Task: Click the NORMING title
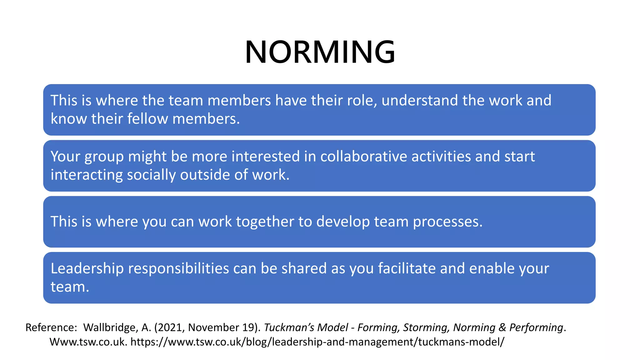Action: coord(320,52)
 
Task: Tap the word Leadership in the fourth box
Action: coord(87,269)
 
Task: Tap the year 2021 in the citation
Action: coord(171,327)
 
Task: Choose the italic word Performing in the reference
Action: coord(536,327)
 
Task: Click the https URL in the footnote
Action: coord(317,342)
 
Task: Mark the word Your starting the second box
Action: coord(65,157)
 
